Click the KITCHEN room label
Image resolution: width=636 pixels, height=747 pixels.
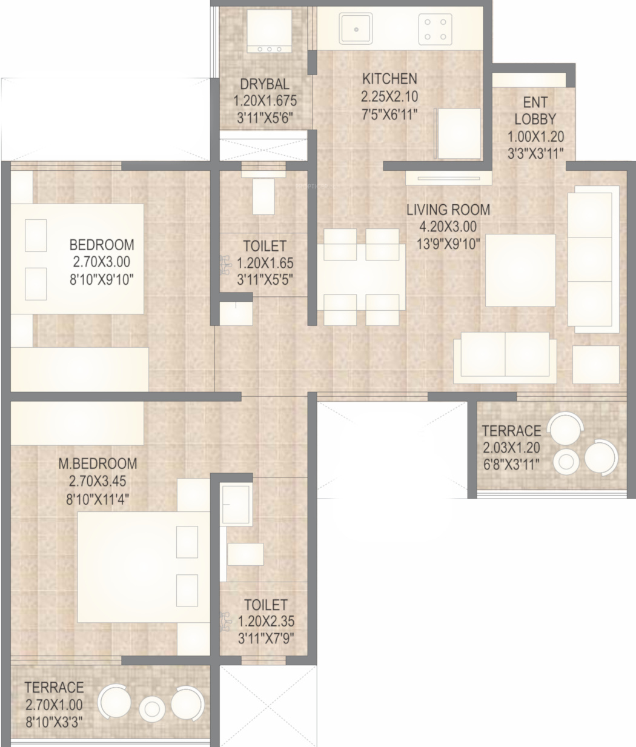389,79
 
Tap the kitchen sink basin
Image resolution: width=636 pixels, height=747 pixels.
356,29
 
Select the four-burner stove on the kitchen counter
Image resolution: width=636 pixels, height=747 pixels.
435,29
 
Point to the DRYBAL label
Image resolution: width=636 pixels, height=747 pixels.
265,84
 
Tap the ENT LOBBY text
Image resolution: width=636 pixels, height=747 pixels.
535,111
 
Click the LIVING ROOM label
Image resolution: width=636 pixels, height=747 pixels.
448,210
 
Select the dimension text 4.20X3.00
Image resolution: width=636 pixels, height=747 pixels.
448,227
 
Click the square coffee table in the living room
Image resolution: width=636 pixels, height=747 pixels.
520,270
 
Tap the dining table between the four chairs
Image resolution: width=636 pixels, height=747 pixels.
362,277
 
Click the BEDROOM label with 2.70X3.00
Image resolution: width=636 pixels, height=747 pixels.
102,245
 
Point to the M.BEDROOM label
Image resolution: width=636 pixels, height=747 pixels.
98,463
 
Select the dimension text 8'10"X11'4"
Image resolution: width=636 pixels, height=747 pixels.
98,499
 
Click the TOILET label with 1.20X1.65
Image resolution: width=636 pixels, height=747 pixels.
265,246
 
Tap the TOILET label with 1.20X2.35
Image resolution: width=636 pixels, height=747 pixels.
266,605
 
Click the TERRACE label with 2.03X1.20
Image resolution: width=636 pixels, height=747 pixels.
512,431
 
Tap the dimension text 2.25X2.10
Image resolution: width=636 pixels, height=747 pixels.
389,96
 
